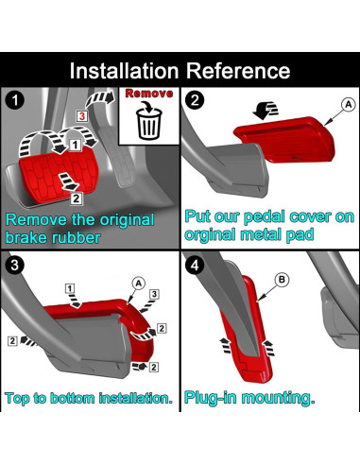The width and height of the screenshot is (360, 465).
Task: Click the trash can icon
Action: point(149,123)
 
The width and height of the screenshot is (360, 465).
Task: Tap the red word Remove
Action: point(149,94)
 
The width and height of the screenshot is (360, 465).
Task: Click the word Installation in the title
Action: point(124,71)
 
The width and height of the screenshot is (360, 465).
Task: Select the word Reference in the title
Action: point(238,71)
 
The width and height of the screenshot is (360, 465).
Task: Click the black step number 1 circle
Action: point(15,100)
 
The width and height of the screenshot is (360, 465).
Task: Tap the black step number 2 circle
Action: point(195,100)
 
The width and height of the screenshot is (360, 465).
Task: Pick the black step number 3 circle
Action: point(15,265)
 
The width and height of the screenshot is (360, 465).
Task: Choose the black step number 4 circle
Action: point(195,265)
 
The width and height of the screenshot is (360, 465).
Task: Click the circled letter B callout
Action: point(282,280)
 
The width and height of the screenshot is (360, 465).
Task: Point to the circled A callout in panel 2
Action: point(349,104)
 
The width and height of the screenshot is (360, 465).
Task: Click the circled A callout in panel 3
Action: point(139,284)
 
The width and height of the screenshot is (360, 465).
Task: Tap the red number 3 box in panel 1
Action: point(82,116)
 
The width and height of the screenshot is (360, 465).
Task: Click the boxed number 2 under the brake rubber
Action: point(77,198)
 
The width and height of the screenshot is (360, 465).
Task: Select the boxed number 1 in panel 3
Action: point(70,288)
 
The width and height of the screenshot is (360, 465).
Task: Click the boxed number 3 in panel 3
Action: point(154,294)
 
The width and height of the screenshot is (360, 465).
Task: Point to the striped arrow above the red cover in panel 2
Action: point(266,111)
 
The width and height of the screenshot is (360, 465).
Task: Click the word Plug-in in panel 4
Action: point(210,398)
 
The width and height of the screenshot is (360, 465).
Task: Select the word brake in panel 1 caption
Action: point(26,237)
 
